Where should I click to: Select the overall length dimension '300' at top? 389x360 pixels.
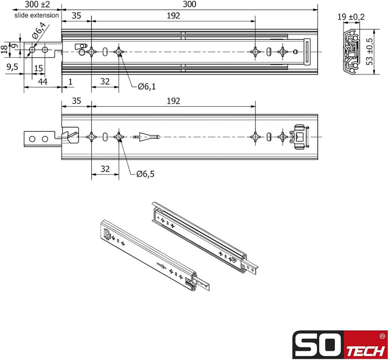click(x=189, y=5)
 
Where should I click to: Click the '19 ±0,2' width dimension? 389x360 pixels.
click(x=352, y=17)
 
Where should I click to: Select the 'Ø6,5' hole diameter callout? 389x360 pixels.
click(x=146, y=173)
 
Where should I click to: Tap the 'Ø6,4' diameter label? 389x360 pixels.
click(x=38, y=35)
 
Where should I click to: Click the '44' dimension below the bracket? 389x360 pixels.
click(x=42, y=81)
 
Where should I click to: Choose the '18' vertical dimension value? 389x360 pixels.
click(x=4, y=50)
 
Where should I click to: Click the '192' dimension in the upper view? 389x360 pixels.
click(x=173, y=16)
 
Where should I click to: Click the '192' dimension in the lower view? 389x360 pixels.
click(x=173, y=101)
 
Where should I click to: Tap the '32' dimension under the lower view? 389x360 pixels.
click(x=105, y=169)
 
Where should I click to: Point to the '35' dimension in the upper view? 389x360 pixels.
click(x=76, y=16)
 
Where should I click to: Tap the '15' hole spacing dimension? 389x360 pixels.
click(x=38, y=68)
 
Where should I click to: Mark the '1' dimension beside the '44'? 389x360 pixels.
click(x=71, y=81)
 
